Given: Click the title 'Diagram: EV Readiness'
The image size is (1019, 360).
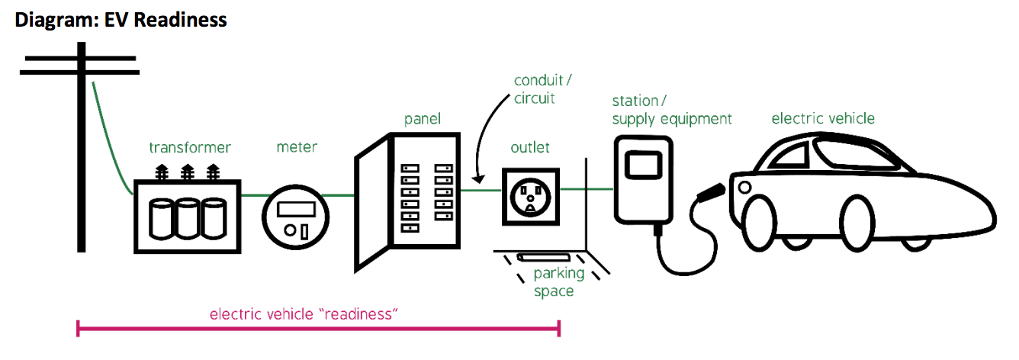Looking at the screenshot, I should [x=121, y=19].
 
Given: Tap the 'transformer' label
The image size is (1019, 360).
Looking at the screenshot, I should [x=189, y=147].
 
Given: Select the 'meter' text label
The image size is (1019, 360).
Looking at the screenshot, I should [x=297, y=146].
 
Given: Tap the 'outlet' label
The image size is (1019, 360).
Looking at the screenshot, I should [x=529, y=147].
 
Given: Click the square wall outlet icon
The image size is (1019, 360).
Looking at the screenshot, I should [x=529, y=197].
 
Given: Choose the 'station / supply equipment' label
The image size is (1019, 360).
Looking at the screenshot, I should [x=671, y=110].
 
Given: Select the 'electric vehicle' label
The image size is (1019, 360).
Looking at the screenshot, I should [x=823, y=118].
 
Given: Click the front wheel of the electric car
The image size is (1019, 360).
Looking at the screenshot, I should [x=768, y=222].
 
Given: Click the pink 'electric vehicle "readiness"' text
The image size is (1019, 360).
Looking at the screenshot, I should [x=304, y=314].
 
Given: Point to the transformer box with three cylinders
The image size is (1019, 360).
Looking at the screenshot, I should [x=188, y=216].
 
